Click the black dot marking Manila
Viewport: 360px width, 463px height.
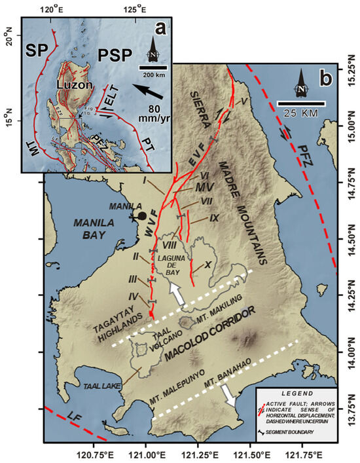pos(141,215)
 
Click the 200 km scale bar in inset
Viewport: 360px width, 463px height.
pos(154,67)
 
